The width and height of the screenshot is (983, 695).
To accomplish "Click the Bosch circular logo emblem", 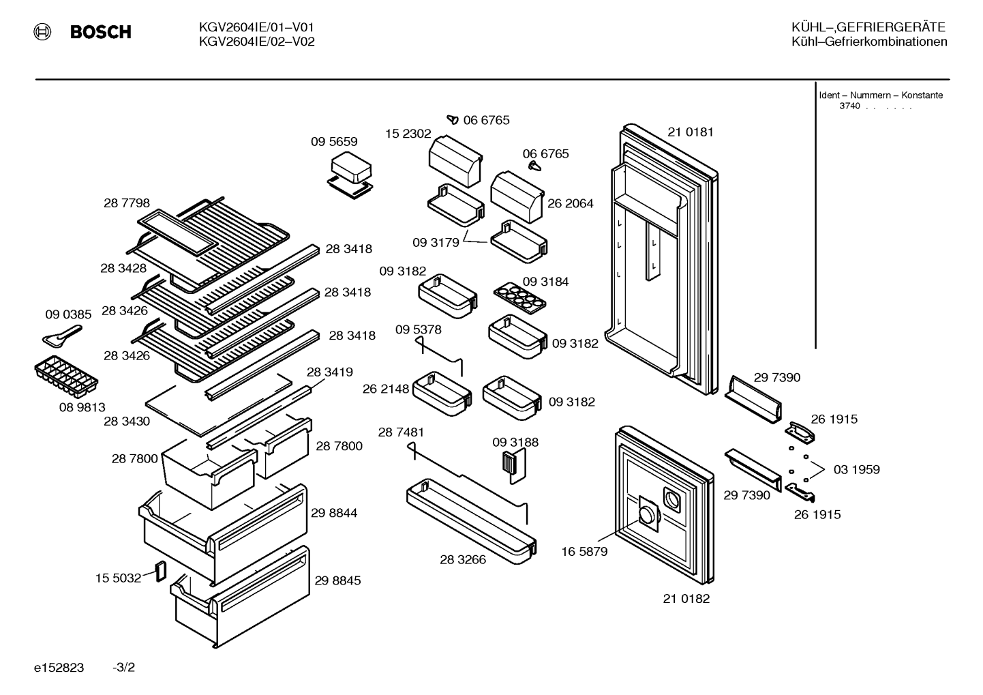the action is (x=42, y=32).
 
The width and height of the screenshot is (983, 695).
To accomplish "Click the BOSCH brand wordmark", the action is (x=100, y=32).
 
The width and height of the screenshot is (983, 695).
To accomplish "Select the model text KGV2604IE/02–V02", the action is (x=257, y=42).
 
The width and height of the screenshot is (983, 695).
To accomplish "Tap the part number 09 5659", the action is (x=334, y=141).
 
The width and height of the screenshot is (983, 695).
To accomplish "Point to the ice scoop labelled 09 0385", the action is (x=62, y=335).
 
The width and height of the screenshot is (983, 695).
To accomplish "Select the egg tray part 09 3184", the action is (x=519, y=298).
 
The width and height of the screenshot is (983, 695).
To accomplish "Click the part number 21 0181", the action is (x=691, y=132).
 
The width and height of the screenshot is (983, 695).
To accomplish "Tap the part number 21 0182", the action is (x=686, y=598).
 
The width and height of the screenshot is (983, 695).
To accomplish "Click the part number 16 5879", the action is (x=584, y=552).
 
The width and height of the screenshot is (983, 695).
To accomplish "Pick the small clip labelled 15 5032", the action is (x=162, y=571).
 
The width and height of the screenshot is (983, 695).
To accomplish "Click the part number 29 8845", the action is (x=337, y=580).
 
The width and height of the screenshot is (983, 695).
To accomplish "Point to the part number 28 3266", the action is (x=463, y=559).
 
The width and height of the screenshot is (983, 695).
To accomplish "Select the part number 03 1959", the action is (x=857, y=469).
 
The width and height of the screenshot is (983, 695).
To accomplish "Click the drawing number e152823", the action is (x=59, y=667).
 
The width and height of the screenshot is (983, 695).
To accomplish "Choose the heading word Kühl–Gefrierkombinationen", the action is (x=869, y=42).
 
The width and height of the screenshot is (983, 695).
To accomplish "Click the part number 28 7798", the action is (x=126, y=203).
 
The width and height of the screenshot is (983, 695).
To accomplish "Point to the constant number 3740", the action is (x=849, y=106).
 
